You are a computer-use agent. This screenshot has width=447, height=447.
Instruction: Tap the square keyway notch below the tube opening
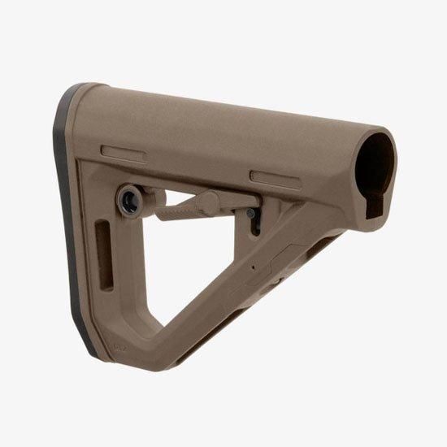376,209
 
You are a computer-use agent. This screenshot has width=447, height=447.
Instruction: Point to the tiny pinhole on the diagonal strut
254,266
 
